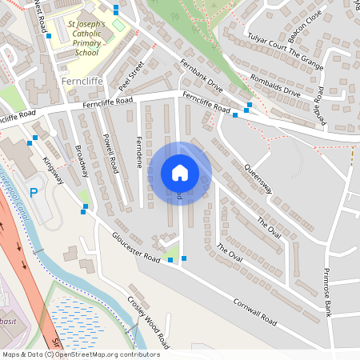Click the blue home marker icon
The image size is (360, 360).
[x=179, y=172]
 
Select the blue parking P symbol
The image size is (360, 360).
[x=34, y=193]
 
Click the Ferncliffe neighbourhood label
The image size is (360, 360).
[x=79, y=82]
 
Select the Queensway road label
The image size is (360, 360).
[x=258, y=179]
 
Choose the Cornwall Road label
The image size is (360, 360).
[x=254, y=312]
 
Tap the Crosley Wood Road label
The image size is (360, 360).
[x=149, y=322]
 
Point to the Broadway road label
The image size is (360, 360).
[x=83, y=162]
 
